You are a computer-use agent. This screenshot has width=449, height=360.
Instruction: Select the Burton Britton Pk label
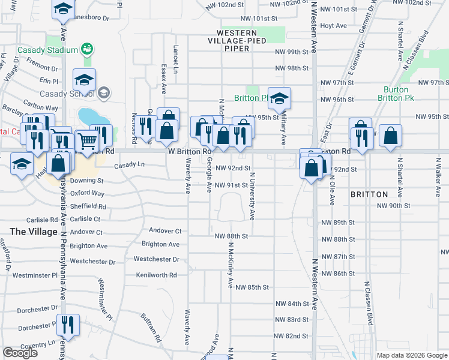pyautogui.click(x=396, y=94)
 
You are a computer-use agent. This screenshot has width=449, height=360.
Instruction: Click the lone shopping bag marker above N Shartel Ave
pyautogui.click(x=390, y=137)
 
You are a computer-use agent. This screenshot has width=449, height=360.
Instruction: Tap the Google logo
pyautogui.click(x=20, y=353)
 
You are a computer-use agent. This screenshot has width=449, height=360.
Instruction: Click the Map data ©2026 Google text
pyautogui.click(x=412, y=355)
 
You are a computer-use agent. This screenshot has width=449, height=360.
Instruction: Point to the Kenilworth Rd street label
pyautogui.click(x=157, y=275)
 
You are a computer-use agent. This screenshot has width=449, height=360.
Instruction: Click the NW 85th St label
pyautogui.click(x=252, y=287)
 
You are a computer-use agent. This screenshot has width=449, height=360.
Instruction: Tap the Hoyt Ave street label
pyautogui.click(x=334, y=26)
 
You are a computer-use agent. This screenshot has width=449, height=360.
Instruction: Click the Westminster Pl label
pyautogui.click(x=34, y=275)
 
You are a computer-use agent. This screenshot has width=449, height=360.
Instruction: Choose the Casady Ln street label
pyautogui.click(x=130, y=164)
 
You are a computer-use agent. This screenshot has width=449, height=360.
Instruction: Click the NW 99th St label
pyautogui.click(x=292, y=52)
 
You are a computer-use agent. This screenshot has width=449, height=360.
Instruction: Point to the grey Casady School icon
pyautogui.click(x=104, y=92)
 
